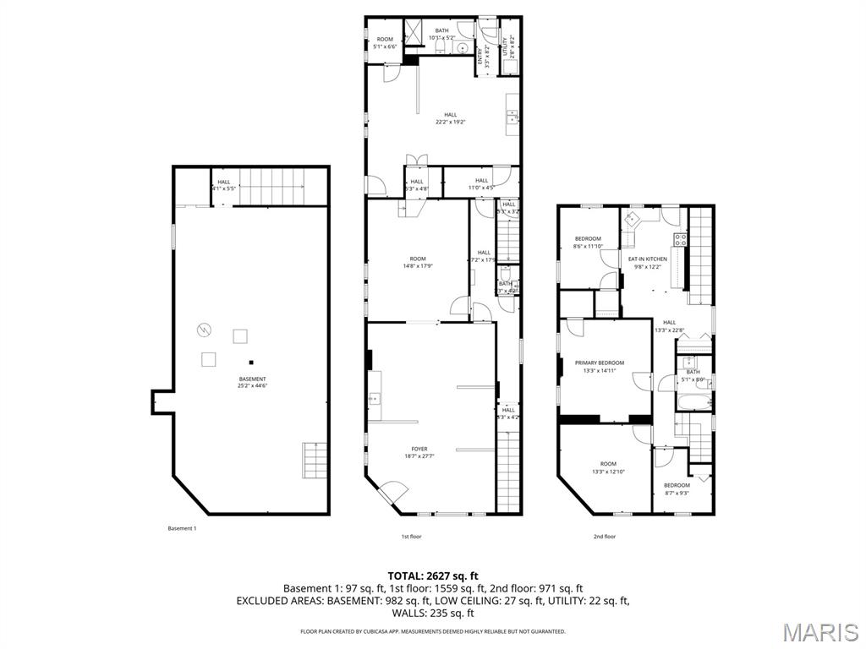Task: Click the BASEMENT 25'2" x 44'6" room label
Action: (252, 382)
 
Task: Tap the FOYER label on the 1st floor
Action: (419, 452)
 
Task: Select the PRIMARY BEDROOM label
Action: (605, 366)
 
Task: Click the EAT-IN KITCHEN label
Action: (647, 263)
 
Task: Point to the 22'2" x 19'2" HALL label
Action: (451, 118)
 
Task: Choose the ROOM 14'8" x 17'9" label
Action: (418, 262)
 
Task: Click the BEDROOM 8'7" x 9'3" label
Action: (677, 488)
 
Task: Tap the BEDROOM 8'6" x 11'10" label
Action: (587, 243)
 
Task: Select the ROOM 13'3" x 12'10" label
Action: (608, 467)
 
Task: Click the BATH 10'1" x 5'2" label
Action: (442, 34)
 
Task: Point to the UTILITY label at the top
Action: (507, 41)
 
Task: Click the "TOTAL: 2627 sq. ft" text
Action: (432, 575)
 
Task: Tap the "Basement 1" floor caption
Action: (182, 528)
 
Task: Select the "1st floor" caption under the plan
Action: (411, 536)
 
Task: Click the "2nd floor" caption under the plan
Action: (604, 536)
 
